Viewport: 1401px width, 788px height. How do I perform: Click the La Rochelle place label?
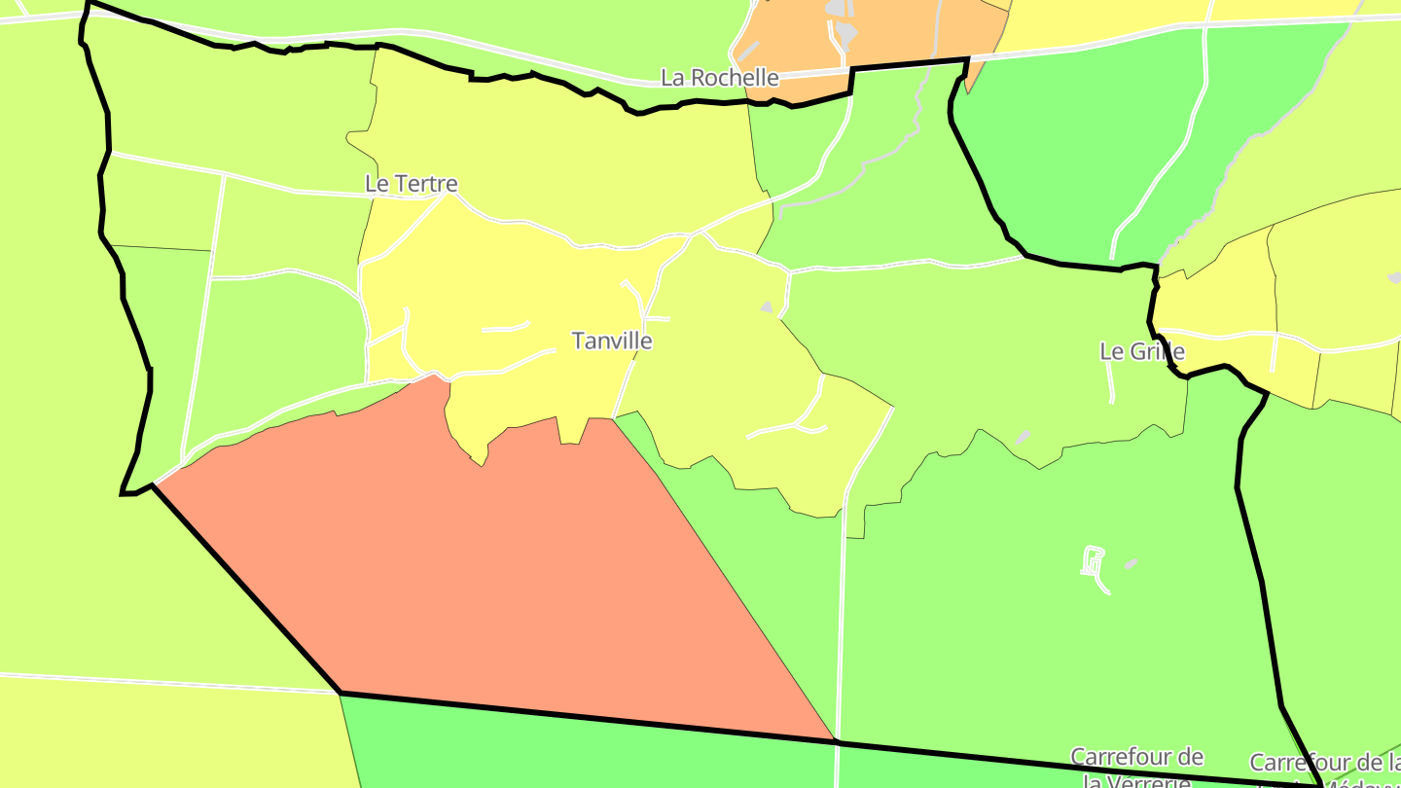tap(720, 78)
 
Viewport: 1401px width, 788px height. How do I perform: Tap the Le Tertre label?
tap(411, 183)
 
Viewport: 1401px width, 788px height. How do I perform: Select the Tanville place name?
tap(612, 341)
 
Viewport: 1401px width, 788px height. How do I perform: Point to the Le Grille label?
tap(1142, 351)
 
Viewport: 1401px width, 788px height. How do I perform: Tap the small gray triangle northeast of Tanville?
tap(767, 307)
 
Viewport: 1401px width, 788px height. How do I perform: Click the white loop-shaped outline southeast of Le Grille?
tap(1095, 564)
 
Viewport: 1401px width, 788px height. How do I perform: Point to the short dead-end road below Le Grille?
tap(1111, 384)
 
